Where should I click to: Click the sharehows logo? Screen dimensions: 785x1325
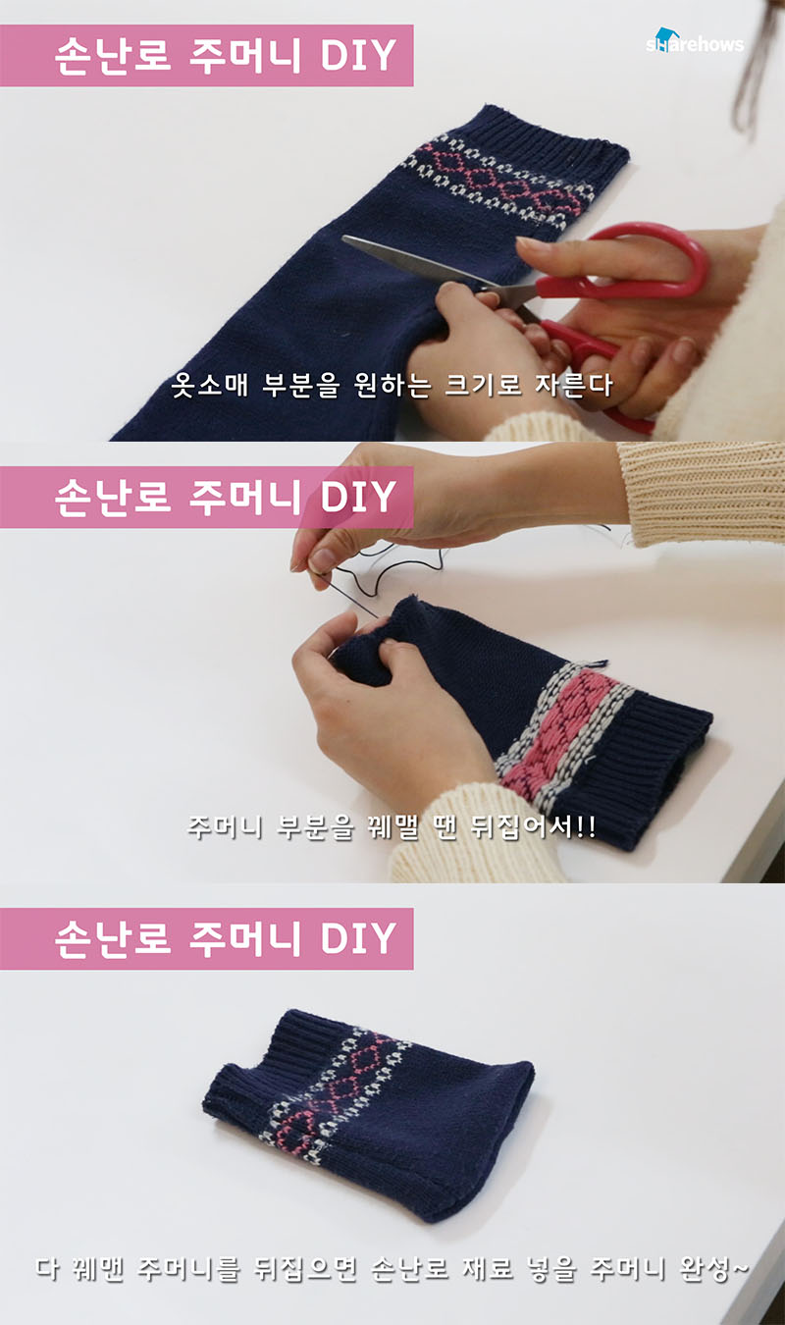pos(695,41)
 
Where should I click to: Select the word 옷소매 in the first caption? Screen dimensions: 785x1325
pos(209,385)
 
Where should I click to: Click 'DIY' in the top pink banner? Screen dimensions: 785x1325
pos(358,56)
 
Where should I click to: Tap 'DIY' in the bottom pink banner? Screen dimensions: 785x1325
pos(358,938)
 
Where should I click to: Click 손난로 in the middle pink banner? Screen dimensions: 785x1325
pos(113,497)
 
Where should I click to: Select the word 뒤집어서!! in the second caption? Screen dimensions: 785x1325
pos(533,826)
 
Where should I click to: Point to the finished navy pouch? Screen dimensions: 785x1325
pos(368,1114)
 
